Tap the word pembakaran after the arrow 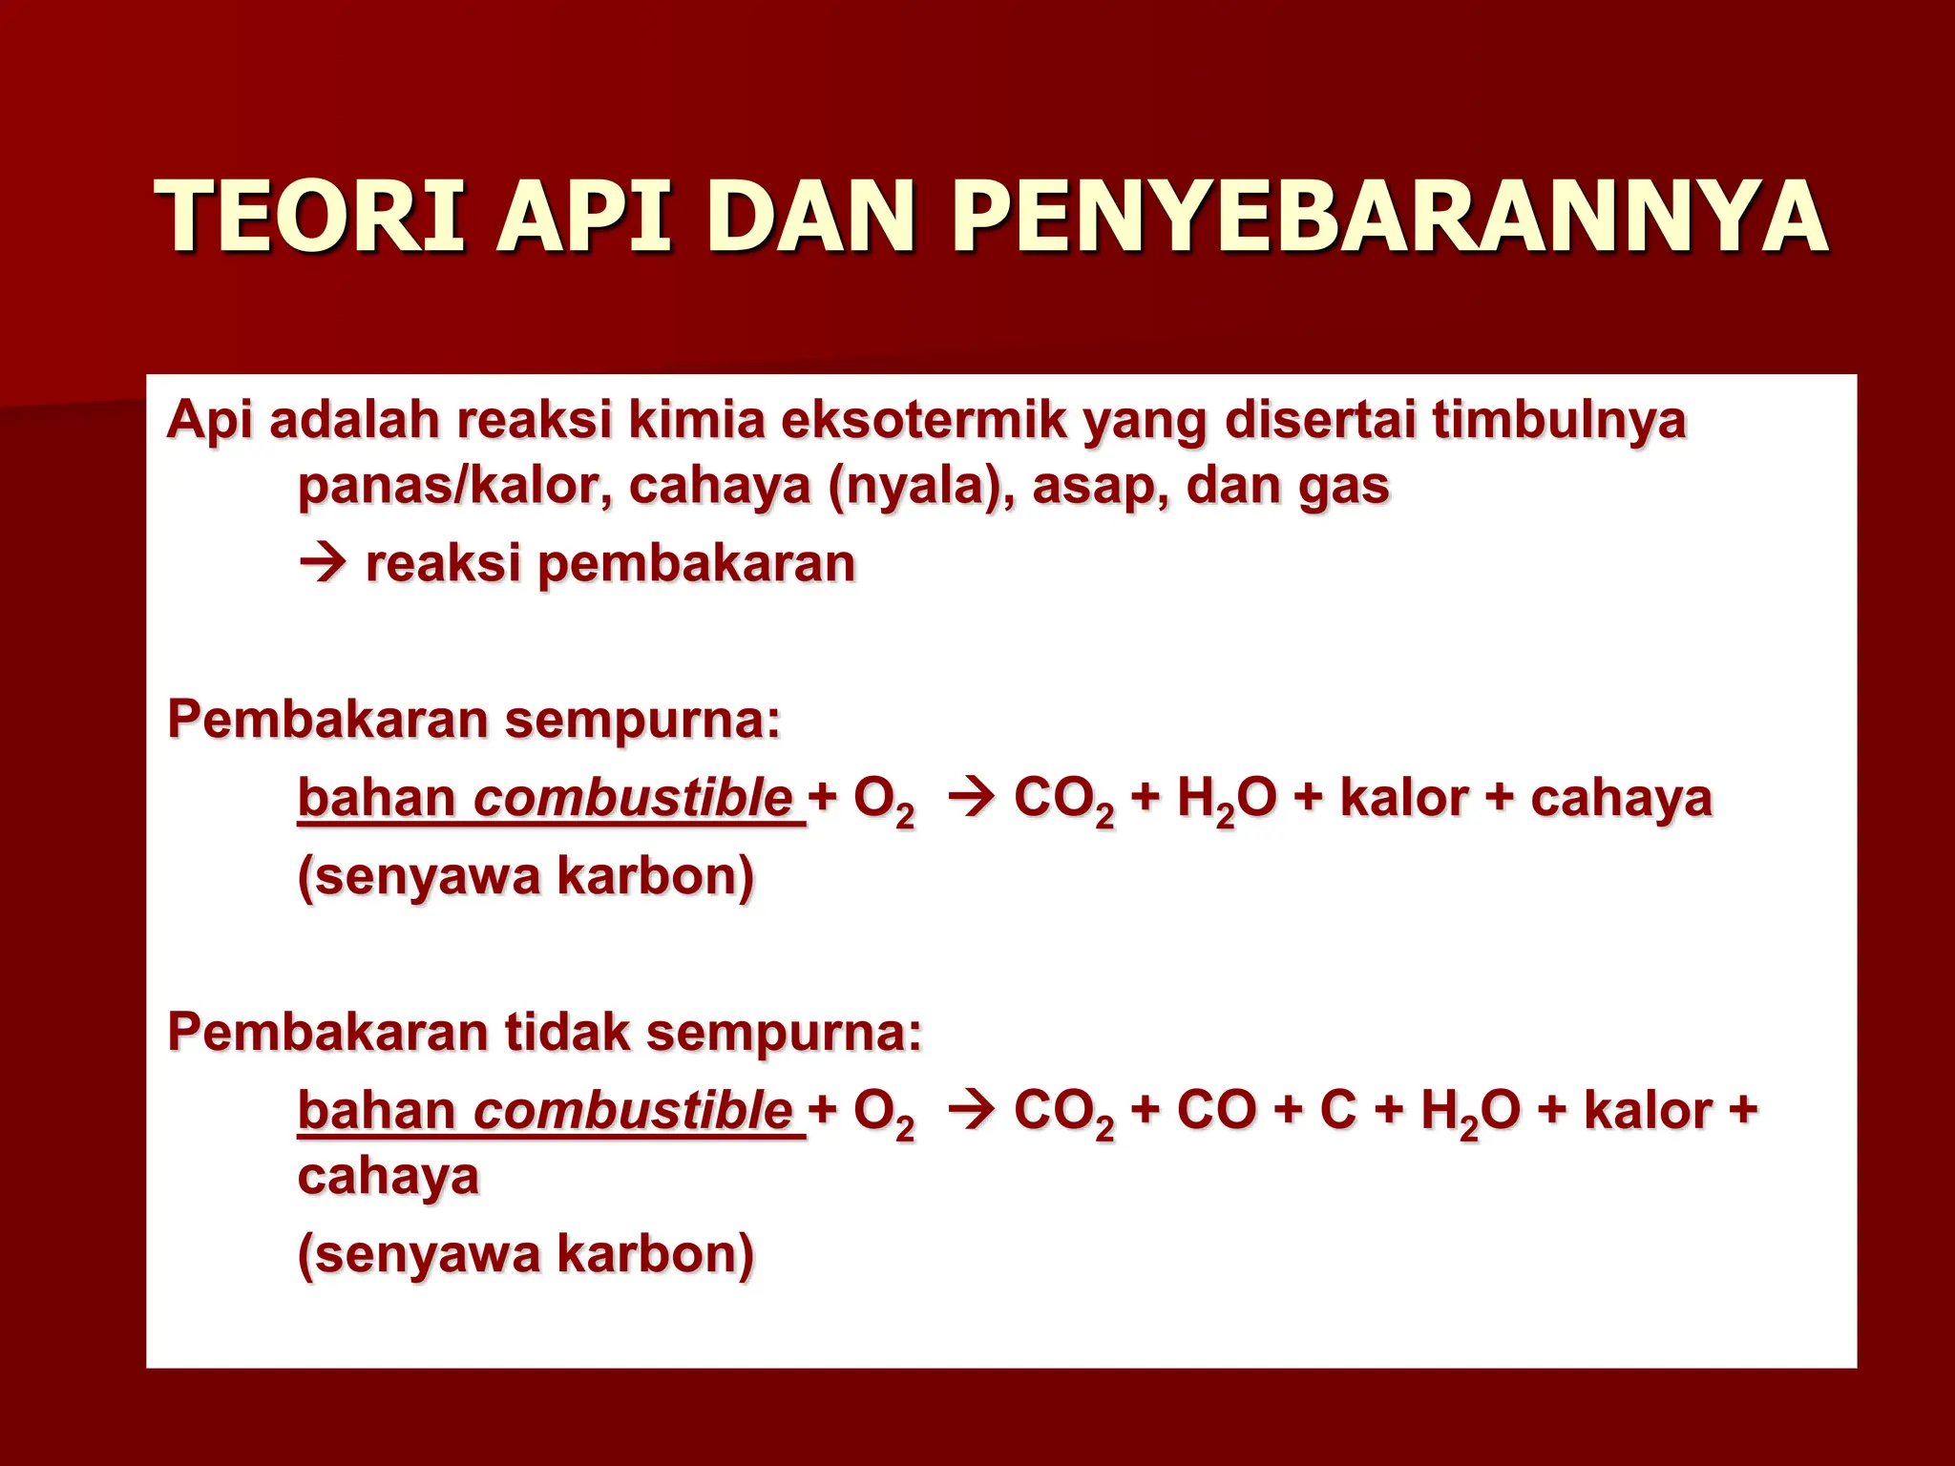[x=696, y=564]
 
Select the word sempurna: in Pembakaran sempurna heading [x=642, y=721]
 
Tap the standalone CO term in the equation [x=1216, y=1111]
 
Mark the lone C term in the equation [x=1337, y=1111]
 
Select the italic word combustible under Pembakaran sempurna [x=633, y=799]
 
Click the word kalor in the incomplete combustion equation [x=1647, y=1111]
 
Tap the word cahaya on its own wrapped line [x=388, y=1177]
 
